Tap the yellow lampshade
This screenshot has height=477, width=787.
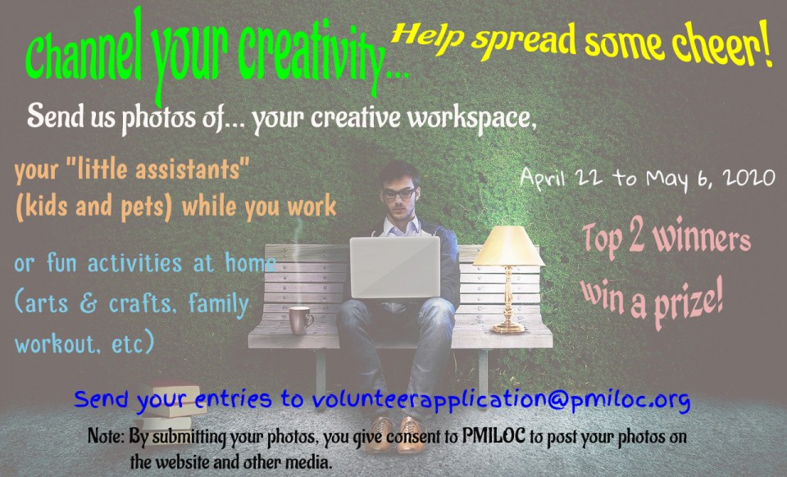tap(508, 246)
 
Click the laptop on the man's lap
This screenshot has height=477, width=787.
tap(395, 267)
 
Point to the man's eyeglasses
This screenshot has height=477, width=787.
tap(399, 193)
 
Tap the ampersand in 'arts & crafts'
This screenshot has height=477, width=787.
tap(88, 304)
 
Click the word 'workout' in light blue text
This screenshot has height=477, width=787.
tap(55, 343)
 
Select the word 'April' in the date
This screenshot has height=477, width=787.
tap(543, 178)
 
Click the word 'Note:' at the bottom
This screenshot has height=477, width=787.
tap(106, 436)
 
